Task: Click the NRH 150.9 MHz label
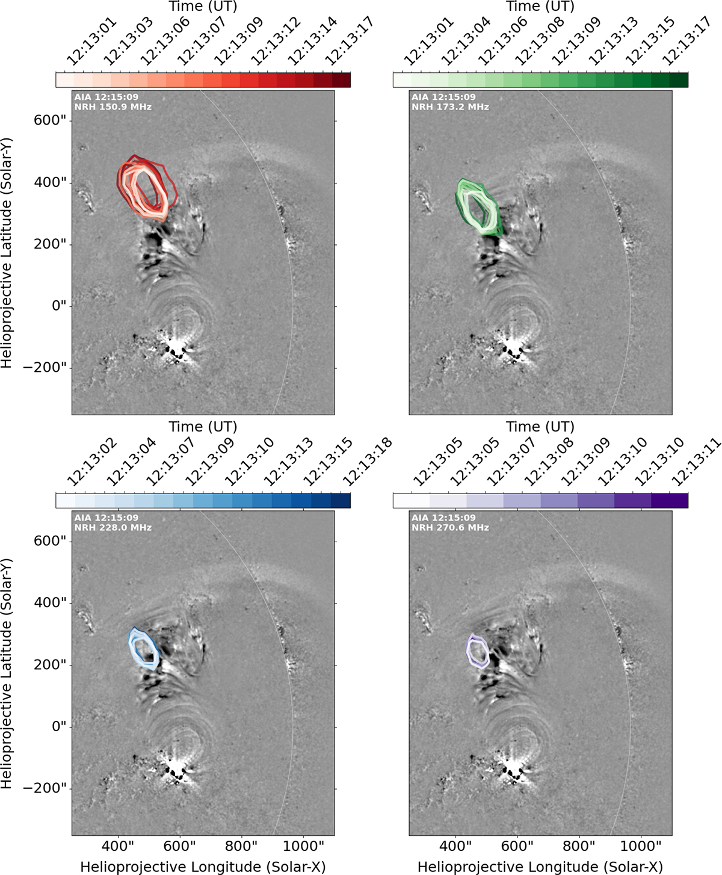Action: [113, 107]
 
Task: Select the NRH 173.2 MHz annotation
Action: [450, 107]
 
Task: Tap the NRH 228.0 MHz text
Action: [113, 528]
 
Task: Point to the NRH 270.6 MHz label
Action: [450, 528]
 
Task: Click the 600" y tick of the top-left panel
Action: [51, 121]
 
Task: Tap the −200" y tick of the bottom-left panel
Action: [45, 788]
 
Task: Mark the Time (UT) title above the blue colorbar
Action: [203, 427]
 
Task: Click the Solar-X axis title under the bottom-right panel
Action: [540, 866]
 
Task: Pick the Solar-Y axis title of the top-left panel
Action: [6, 253]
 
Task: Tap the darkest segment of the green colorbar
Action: [679, 79]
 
